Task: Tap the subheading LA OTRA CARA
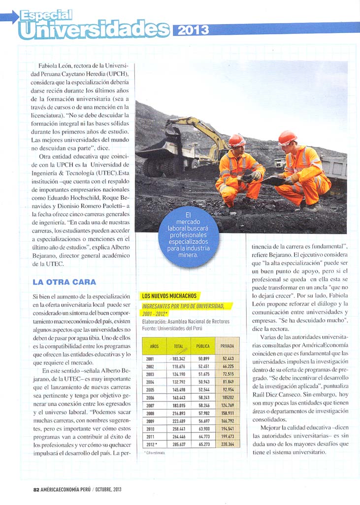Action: point(64,282)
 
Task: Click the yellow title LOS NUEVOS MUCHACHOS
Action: point(169,296)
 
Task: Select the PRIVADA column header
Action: point(227,346)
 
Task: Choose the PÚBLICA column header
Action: point(203,346)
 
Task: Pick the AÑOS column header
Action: point(154,346)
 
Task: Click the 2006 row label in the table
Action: point(151,397)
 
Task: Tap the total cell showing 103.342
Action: point(179,359)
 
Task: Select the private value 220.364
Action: point(227,444)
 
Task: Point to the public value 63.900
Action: point(204,429)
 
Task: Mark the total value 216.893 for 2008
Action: point(178,413)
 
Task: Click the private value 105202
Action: point(227,397)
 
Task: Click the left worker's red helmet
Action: point(236,140)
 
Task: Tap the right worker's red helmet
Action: point(287,136)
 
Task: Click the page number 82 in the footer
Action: point(36,489)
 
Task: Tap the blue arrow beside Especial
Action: point(9,18)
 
